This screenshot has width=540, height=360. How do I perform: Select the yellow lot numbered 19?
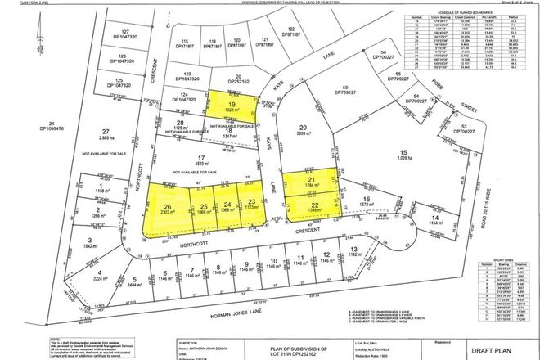pos(232,106)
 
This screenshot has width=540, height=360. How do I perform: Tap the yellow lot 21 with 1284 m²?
pos(311,184)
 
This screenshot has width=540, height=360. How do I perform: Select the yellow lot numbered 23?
pos(251,205)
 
